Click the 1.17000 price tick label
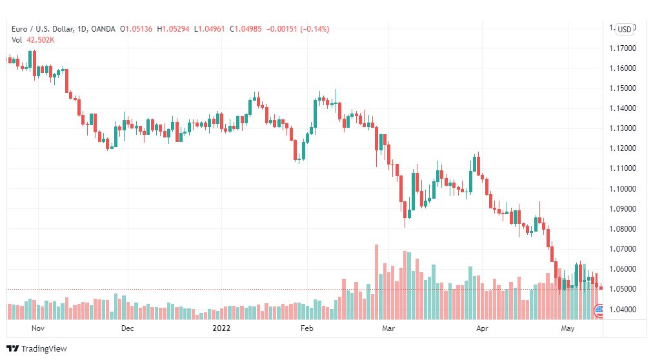tap(623, 48)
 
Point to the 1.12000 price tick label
tap(623, 148)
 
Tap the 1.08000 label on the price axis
tap(623, 229)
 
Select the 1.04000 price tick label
tap(623, 309)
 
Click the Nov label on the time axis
tap(38, 328)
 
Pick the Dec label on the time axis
tap(127, 328)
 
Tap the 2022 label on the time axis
tap(221, 328)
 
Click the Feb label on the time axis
tap(306, 328)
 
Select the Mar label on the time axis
tap(388, 328)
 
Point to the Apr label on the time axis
tap(482, 328)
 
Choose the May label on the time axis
tap(568, 328)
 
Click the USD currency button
tap(624, 29)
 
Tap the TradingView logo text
tap(44, 349)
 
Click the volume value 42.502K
tap(41, 40)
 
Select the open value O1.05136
tap(136, 29)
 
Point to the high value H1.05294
tap(173, 29)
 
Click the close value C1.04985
tap(246, 29)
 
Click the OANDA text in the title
tap(103, 29)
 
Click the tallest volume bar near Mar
tap(376, 282)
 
